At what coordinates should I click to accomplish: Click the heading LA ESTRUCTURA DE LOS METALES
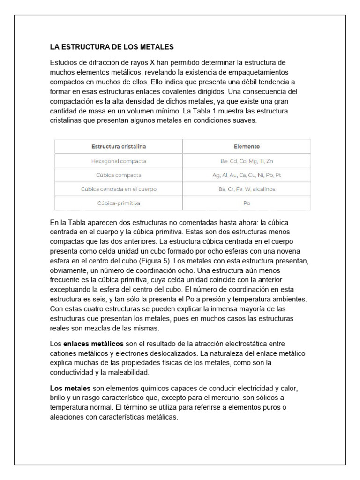[112, 47]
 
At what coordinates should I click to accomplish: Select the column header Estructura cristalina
[119, 146]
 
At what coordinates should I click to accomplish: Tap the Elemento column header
[247, 146]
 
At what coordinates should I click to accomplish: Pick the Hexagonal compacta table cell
[119, 161]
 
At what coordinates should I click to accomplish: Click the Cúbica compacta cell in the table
[119, 175]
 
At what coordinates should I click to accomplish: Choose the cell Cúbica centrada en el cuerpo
[119, 189]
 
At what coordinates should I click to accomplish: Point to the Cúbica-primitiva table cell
[119, 204]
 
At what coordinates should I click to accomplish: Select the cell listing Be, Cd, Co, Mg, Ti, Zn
[247, 161]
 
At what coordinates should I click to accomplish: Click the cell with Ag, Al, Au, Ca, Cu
[247, 175]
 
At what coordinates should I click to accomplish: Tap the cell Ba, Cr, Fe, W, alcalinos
[247, 189]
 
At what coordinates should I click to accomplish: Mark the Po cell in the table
[247, 204]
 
